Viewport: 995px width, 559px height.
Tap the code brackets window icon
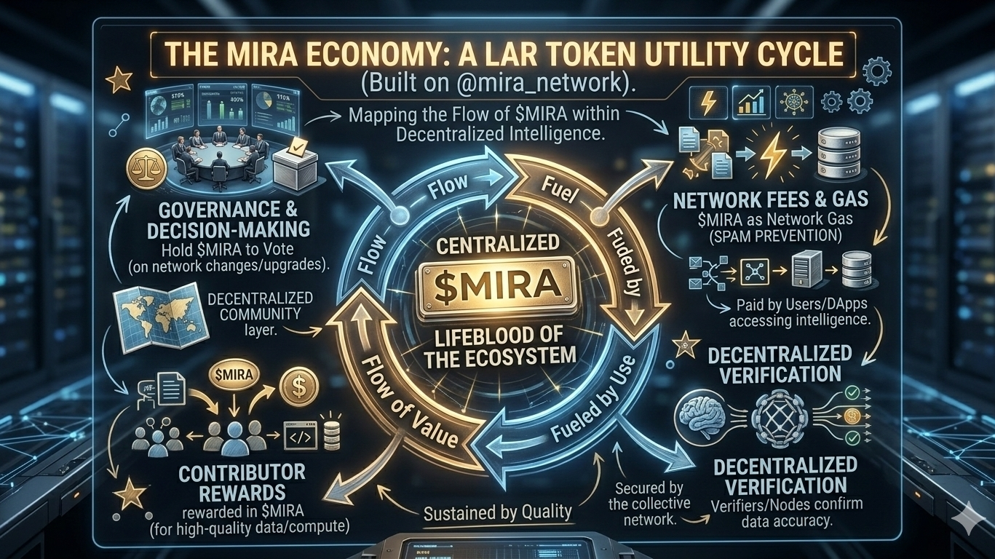click(x=299, y=437)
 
